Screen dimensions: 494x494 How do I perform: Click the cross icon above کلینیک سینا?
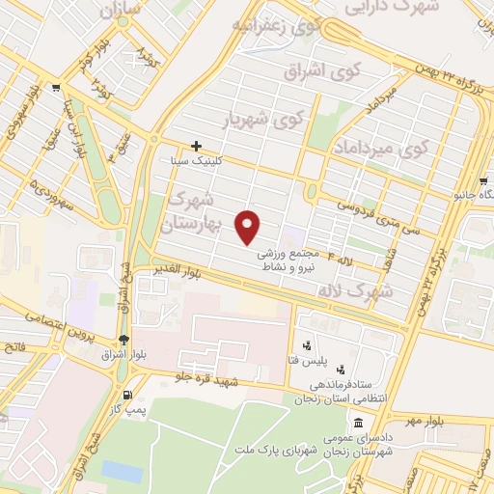click(x=196, y=146)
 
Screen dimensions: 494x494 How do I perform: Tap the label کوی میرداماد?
click(x=380, y=148)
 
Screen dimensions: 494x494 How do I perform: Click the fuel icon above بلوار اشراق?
click(x=123, y=339)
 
